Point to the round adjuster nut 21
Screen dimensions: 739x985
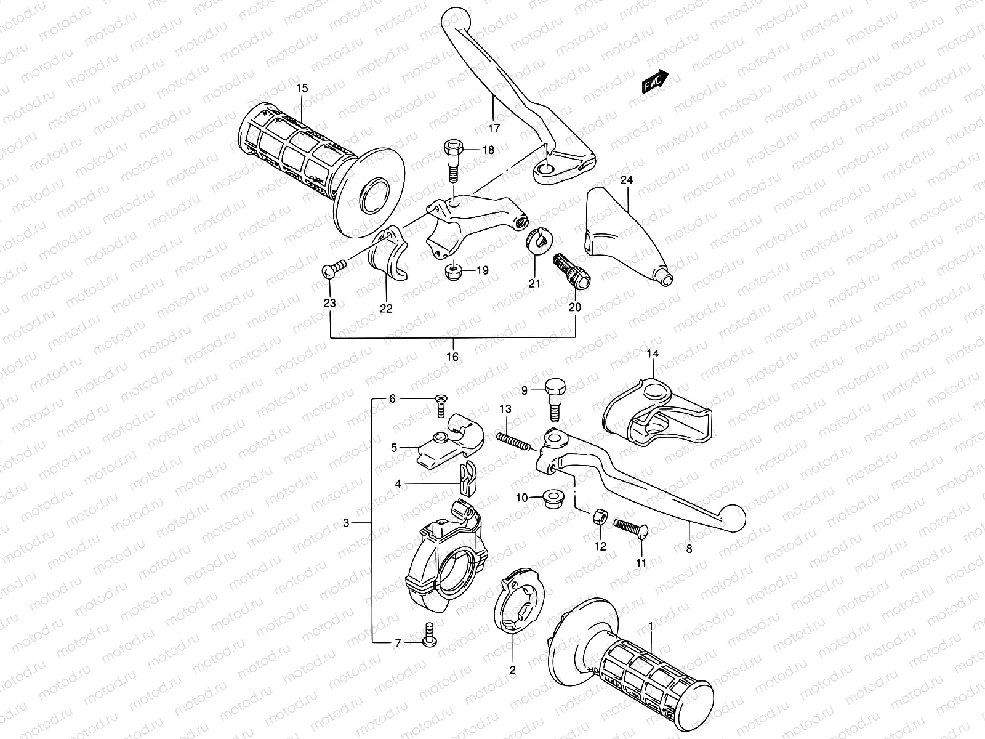(x=540, y=240)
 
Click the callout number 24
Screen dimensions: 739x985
(x=626, y=180)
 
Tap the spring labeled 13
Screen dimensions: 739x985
(x=513, y=440)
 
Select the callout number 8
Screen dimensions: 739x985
(x=688, y=549)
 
